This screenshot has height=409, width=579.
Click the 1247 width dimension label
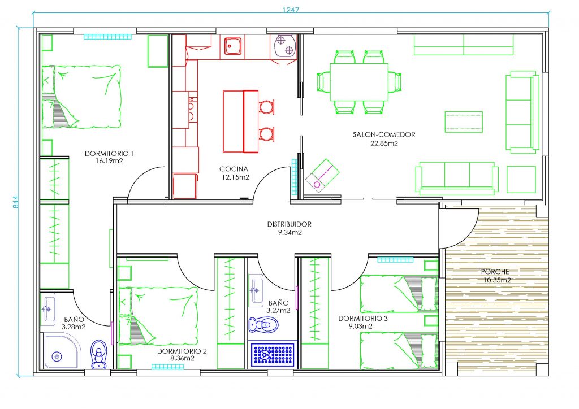tap(291, 10)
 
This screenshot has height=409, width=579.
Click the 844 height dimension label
tap(15, 202)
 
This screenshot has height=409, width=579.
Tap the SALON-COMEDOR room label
tap(384, 134)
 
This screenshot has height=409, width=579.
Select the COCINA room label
tap(234, 169)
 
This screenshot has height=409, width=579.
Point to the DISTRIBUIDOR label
tap(289, 224)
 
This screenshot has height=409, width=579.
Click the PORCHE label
tap(495, 272)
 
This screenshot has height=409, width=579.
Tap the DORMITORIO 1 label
tap(109, 154)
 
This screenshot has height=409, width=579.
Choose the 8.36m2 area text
tap(182, 358)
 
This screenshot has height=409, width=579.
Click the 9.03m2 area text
tap(360, 326)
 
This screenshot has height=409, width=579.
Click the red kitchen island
tap(240, 121)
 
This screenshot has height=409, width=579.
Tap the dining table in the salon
tap(359, 82)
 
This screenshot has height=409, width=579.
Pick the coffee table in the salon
tap(464, 121)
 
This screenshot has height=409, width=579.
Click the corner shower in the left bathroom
tap(62, 351)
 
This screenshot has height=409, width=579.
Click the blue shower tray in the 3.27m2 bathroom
tap(273, 354)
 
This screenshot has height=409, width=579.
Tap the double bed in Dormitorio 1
tap(81, 97)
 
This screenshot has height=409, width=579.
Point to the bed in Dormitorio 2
tap(158, 316)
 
